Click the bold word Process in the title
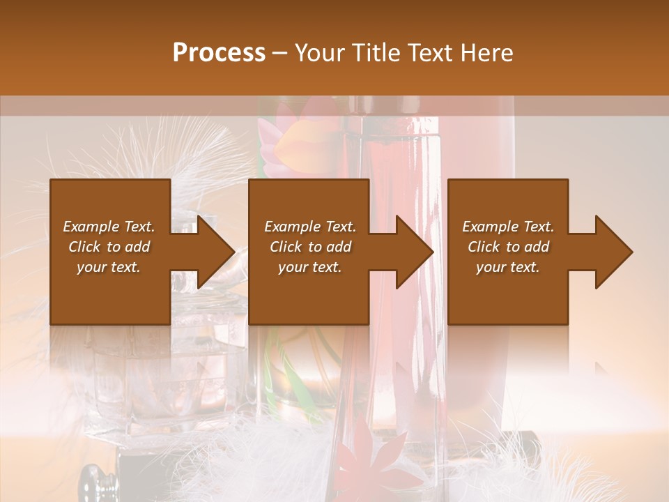pyautogui.click(x=219, y=53)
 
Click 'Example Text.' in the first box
pyautogui.click(x=109, y=227)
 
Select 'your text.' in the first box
pyautogui.click(x=109, y=267)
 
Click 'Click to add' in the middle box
pyautogui.click(x=310, y=247)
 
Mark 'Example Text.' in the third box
pyautogui.click(x=508, y=227)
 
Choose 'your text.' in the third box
pyautogui.click(x=508, y=267)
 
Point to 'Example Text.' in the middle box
pyautogui.click(x=310, y=227)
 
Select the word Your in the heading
pyautogui.click(x=320, y=53)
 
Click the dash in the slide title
pyautogui.click(x=280, y=53)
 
